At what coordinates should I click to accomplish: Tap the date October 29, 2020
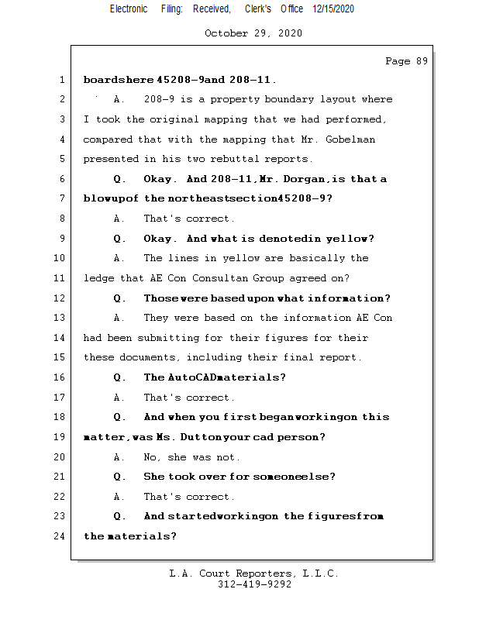253,33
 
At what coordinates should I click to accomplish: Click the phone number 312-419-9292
254,584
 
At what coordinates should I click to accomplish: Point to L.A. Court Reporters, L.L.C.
253,573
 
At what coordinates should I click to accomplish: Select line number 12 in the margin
59,298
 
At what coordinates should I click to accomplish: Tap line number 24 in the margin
59,536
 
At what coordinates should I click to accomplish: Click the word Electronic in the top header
128,9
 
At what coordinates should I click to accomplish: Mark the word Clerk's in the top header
257,9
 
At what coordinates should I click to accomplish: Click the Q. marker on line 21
119,477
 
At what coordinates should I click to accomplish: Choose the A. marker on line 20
119,457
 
